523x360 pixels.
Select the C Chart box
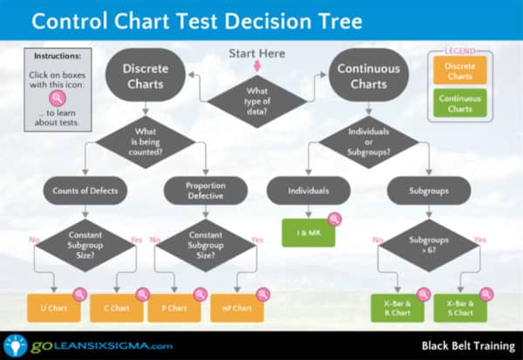click(118, 308)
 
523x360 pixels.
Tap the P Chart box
click(177, 308)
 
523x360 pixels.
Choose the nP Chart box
click(237, 308)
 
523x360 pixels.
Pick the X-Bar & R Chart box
click(397, 308)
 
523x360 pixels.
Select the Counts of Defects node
click(85, 190)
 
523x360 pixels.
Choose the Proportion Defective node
click(206, 190)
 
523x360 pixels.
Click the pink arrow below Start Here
click(257, 65)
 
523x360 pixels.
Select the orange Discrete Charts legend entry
click(459, 71)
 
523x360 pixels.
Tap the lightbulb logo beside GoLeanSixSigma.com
click(15, 344)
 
